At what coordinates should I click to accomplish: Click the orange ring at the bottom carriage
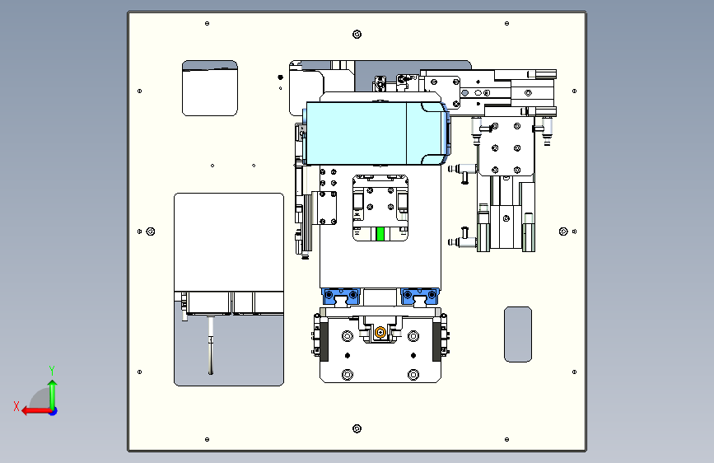pos(380,333)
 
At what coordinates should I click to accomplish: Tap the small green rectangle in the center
pos(380,234)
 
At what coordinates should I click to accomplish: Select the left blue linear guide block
pos(341,297)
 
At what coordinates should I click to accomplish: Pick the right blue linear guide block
pos(420,297)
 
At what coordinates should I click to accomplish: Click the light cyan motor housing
pos(376,133)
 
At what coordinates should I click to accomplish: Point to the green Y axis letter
pos(52,370)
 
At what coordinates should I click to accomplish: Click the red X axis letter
pos(16,406)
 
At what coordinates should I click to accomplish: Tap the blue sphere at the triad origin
pos(54,411)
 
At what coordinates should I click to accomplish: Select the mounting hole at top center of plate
pos(357,34)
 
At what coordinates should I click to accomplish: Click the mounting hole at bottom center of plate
pos(357,428)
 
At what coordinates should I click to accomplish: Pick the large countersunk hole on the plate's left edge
pos(151,231)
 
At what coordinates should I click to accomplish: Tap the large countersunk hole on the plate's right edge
pos(563,231)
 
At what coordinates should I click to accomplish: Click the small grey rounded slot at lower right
pos(518,334)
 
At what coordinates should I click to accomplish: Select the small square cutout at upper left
pos(210,88)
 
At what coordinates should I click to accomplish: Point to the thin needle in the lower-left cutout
pos(210,345)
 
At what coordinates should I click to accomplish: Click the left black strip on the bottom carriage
pos(324,342)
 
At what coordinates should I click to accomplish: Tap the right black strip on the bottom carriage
pos(436,342)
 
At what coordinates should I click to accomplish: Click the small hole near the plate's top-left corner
pos(208,23)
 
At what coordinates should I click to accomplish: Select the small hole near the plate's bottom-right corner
pos(506,439)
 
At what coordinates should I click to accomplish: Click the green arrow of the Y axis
pos(53,394)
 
